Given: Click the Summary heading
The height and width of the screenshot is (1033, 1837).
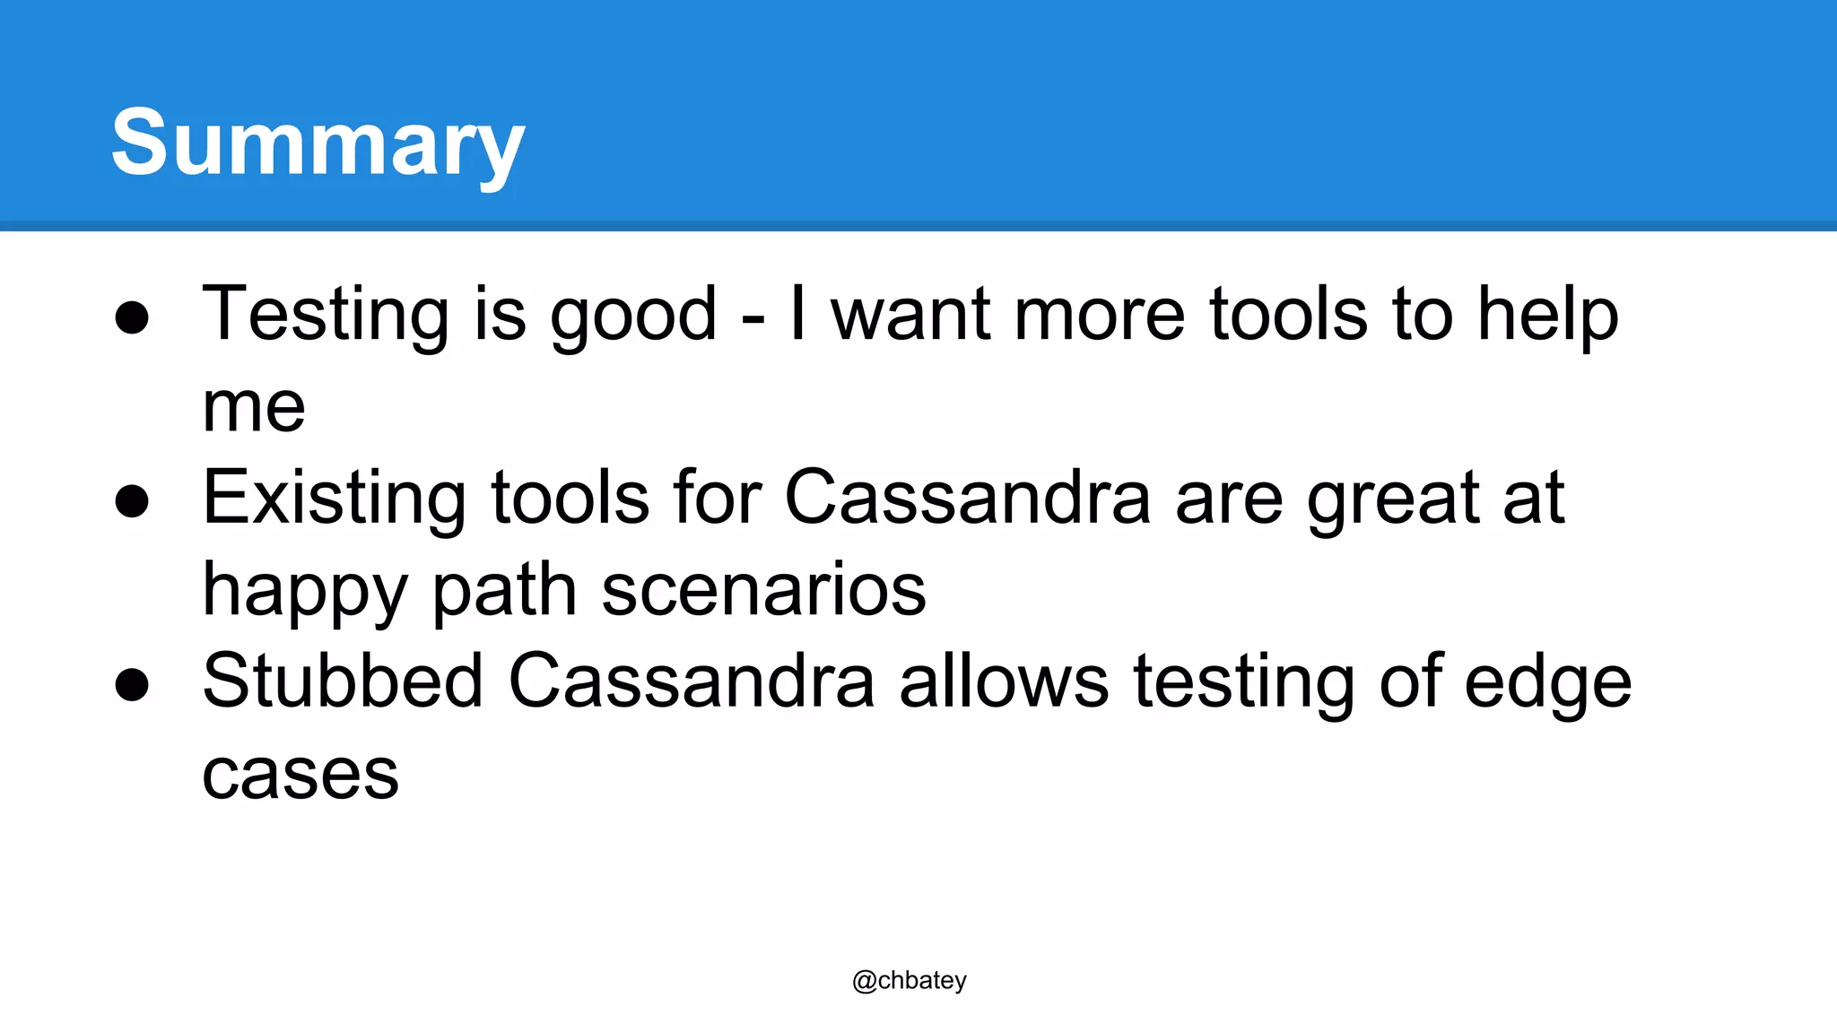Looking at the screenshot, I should point(318,143).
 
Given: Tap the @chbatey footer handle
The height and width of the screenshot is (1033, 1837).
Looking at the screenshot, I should point(909,980).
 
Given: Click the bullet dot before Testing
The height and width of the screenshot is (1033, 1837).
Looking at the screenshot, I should point(132,317).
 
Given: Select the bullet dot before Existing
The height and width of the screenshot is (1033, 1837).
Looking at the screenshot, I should point(132,501).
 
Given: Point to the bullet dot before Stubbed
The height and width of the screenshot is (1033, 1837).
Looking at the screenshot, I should point(132,685).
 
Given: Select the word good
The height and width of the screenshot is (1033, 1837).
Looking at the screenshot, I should point(633,316).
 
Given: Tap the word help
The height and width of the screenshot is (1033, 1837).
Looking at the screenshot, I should point(1547,316).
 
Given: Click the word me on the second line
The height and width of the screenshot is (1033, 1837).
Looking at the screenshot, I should point(254,408).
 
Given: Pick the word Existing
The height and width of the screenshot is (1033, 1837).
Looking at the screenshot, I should point(335,499).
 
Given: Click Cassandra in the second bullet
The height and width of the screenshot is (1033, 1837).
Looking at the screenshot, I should point(967,499).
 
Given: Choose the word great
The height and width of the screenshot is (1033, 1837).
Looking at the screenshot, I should point(1393,500).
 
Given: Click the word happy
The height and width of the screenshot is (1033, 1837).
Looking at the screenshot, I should point(306,592).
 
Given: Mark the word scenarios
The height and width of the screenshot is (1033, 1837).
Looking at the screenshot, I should point(763,591).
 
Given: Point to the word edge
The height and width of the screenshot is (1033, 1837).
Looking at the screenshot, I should point(1547,683).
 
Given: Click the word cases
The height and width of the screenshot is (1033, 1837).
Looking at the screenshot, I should point(300,775).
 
